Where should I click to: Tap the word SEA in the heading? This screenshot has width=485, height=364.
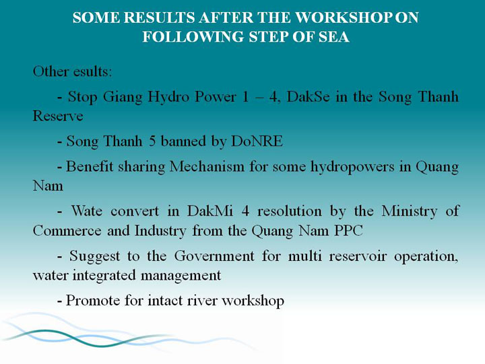[x=334, y=37]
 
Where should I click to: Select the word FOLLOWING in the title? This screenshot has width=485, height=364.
[x=193, y=37]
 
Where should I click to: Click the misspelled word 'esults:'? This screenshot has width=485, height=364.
[x=93, y=71]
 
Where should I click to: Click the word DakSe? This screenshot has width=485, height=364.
[x=308, y=96]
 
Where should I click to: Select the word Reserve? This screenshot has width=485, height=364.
[x=58, y=116]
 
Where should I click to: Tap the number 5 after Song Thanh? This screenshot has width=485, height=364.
[x=152, y=142]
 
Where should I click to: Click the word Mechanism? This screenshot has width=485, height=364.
[x=207, y=167]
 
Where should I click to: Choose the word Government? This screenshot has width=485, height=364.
[x=214, y=256]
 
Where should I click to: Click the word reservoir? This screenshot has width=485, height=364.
[x=358, y=256]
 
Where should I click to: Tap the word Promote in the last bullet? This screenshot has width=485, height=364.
[x=93, y=301]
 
